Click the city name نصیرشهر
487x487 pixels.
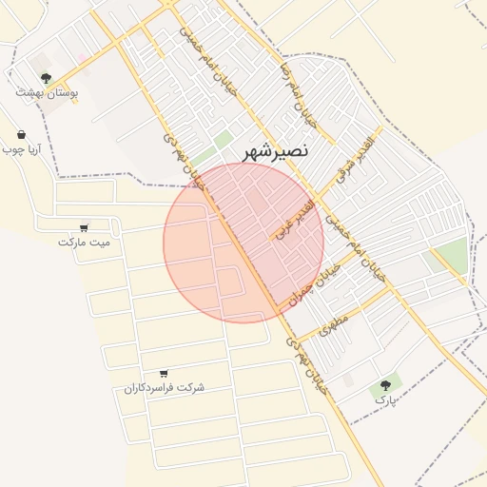coord(276,151)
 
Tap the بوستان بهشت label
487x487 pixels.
coord(47,93)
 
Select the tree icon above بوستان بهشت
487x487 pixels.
coord(46,78)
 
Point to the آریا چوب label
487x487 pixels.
coord(18,149)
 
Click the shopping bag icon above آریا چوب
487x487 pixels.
coord(21,135)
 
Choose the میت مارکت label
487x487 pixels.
coord(84,242)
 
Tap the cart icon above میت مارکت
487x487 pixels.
coord(84,227)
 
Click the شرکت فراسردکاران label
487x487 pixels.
coord(164,388)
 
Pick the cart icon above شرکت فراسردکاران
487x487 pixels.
coord(165,373)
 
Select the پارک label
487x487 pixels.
coord(383,400)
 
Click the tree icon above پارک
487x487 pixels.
coord(385,385)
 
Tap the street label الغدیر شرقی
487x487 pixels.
coord(356,156)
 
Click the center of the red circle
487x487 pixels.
coord(243,243)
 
